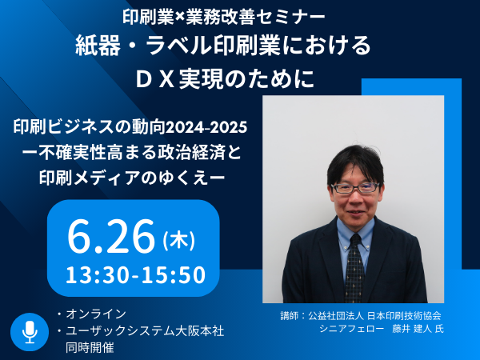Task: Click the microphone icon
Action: click(x=30, y=332)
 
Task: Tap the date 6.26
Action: click(x=111, y=236)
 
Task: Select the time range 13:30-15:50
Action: click(x=135, y=274)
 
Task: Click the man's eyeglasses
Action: click(x=356, y=188)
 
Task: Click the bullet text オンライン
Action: click(x=96, y=314)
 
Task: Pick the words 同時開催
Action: click(x=90, y=347)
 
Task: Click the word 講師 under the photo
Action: click(x=288, y=316)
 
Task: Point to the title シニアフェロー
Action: click(x=351, y=329)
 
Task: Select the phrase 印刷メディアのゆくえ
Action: click(x=126, y=178)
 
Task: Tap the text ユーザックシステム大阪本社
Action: click(x=145, y=331)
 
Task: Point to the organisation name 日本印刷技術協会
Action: click(x=404, y=316)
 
